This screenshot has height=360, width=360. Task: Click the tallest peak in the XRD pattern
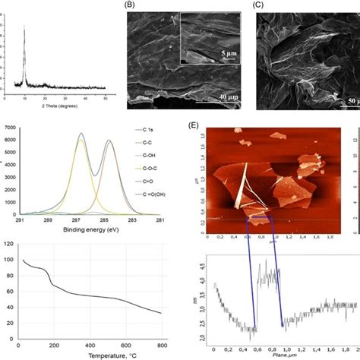[x=24, y=29]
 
